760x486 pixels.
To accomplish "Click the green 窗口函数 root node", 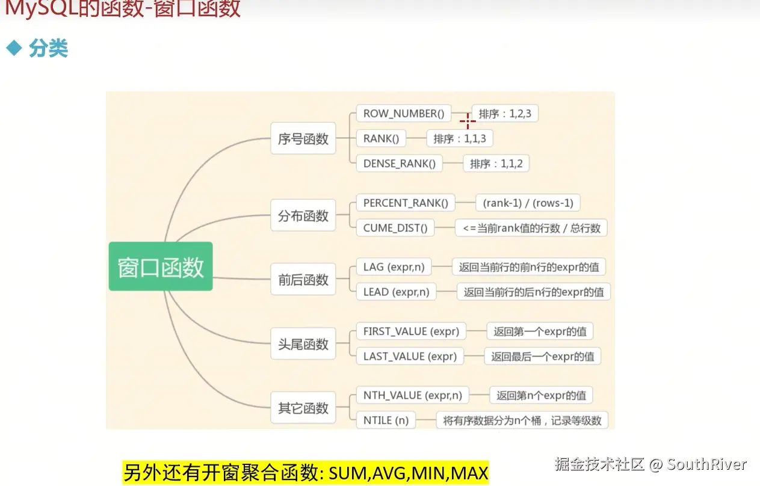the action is (161, 266).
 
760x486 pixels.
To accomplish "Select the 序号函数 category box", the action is (303, 139).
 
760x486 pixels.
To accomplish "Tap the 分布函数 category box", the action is (303, 216).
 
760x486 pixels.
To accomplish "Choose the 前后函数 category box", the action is (303, 280).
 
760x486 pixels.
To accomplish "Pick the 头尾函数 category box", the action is (303, 344).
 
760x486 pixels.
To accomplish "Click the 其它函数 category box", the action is (303, 408).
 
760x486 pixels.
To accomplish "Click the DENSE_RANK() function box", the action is (400, 164).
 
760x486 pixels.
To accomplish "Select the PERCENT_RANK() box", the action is (406, 203).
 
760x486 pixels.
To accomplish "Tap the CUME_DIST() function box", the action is (395, 228).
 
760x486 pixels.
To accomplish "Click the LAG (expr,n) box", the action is (394, 266).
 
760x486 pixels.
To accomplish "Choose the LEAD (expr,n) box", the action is (397, 292).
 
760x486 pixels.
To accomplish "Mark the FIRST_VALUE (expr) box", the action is (411, 331).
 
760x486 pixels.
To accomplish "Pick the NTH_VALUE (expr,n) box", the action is (413, 395).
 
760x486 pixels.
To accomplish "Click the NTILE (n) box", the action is (386, 420).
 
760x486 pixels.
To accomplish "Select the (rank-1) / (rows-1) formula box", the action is (528, 203).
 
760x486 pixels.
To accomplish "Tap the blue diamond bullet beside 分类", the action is (13, 48).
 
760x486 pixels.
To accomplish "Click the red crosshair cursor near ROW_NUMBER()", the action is (468, 120).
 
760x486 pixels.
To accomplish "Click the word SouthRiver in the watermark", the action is (706, 464).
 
